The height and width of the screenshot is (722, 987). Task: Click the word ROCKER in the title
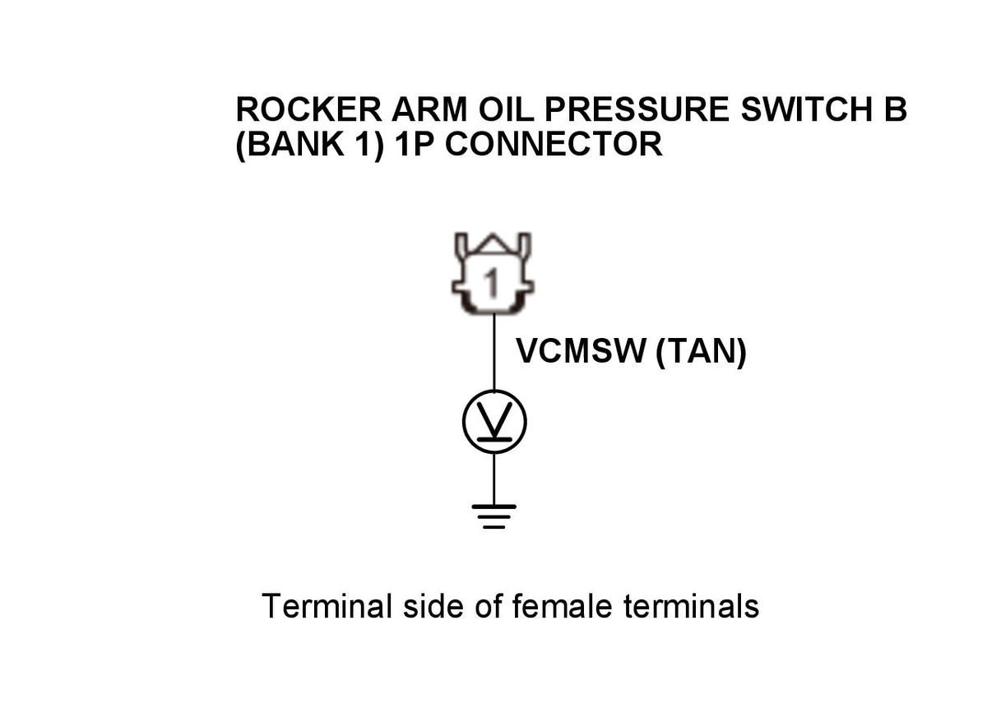coord(309,109)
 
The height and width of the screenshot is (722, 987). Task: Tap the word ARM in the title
coord(429,109)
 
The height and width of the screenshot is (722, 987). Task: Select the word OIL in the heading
coord(506,109)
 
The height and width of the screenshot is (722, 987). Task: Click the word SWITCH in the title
coord(807,109)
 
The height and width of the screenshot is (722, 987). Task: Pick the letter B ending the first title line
coord(896,109)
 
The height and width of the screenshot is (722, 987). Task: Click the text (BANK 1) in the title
coord(310,145)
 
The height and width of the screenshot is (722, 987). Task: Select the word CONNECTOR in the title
coord(554,144)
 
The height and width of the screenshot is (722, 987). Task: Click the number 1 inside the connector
coord(492,281)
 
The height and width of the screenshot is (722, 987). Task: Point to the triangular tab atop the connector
coord(493,243)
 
